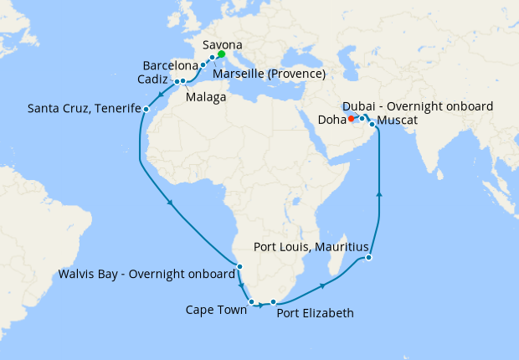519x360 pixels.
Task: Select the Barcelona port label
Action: coord(170,64)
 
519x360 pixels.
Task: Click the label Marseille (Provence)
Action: coord(269,75)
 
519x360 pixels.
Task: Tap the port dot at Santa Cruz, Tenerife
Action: coord(146,109)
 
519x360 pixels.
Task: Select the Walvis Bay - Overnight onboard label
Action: coord(146,274)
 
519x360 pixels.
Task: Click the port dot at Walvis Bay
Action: coord(239,267)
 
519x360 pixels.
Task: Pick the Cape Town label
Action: coord(216,310)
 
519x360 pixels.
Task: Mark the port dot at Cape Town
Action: coord(251,301)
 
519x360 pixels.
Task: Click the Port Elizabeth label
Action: coord(315,313)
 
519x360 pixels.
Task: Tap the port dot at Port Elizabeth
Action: coord(273,301)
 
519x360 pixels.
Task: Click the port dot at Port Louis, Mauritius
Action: coord(369,258)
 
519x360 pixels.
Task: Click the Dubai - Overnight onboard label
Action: coord(418,106)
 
